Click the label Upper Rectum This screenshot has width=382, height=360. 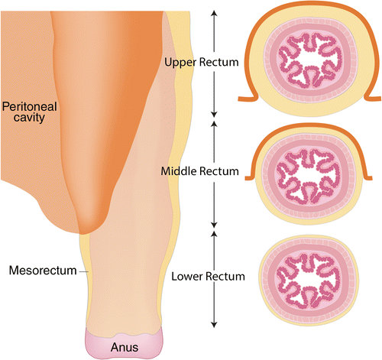(202, 63)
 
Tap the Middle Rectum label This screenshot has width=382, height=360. (199, 171)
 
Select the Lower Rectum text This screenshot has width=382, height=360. (208, 277)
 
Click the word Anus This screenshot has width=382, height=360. (125, 347)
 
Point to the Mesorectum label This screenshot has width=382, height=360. (43, 271)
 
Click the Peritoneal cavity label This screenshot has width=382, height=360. (29, 112)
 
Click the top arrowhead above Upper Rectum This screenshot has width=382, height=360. (214, 13)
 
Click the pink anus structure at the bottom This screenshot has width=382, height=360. (124, 343)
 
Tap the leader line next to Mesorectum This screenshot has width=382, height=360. (83, 272)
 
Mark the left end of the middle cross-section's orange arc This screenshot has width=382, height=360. (246, 178)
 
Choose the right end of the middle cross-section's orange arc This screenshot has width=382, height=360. (371, 178)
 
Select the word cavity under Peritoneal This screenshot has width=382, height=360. (29, 118)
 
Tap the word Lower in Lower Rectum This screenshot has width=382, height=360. (187, 277)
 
